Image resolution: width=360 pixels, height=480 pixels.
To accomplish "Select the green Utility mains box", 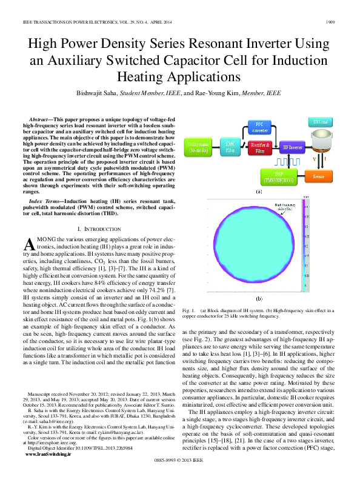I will (x=202, y=145).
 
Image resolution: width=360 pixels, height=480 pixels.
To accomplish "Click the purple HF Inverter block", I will (x=292, y=147).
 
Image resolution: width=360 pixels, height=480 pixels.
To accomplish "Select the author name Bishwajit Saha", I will (x=107, y=93).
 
